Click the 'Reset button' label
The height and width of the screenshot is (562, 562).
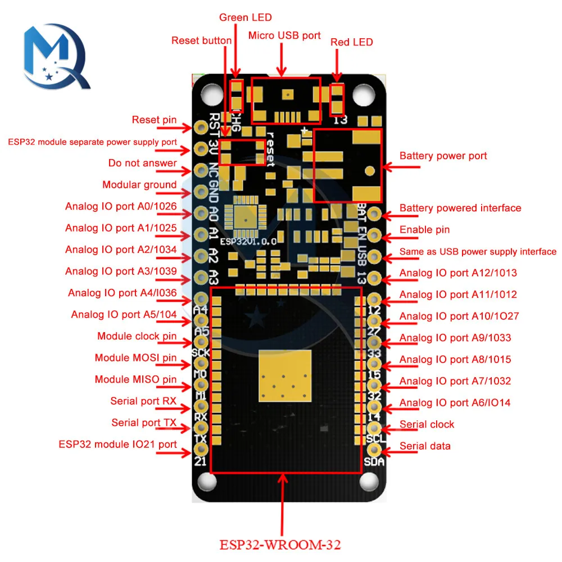201,40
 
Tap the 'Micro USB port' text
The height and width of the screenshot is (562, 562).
284,36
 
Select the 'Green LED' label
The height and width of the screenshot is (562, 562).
241,17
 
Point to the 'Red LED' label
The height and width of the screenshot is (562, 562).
351,42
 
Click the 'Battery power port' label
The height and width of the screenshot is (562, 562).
443,156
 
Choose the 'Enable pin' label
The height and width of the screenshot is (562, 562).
424,230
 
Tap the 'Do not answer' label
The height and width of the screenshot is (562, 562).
142,164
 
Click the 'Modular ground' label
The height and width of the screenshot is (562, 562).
139,185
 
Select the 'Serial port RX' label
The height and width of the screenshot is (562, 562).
143,401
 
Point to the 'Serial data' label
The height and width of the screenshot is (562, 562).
425,446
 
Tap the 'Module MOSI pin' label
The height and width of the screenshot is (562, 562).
135,358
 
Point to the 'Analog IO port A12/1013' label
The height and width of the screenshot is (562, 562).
458,273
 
